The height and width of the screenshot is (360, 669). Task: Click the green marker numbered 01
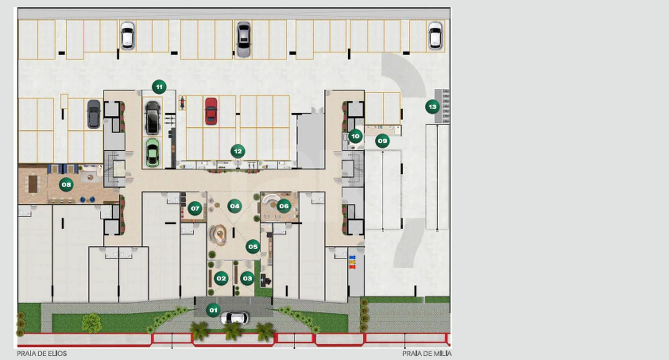click(213, 310)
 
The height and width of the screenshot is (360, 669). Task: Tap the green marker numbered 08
click(66, 185)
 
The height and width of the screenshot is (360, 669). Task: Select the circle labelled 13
click(433, 107)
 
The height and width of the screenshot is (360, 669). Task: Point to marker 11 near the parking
click(159, 87)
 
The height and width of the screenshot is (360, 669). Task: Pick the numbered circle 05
click(253, 247)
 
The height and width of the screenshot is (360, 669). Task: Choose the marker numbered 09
click(382, 141)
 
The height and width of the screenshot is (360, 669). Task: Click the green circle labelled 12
click(238, 151)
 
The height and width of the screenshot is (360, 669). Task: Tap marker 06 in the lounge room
click(284, 206)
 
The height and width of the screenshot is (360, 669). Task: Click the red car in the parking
click(211, 111)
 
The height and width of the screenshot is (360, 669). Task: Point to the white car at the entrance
click(235, 318)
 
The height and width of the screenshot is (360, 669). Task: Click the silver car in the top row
click(244, 39)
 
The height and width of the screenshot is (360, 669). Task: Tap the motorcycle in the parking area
click(182, 102)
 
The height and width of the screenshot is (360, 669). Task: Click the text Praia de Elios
click(42, 354)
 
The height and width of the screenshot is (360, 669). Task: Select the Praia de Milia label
click(427, 354)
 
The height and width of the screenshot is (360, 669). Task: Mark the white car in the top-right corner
click(435, 36)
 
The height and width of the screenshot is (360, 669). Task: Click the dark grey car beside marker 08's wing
click(94, 114)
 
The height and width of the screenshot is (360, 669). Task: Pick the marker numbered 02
click(221, 278)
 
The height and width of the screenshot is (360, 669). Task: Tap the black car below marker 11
click(153, 118)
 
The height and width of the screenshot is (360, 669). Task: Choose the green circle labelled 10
click(355, 136)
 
